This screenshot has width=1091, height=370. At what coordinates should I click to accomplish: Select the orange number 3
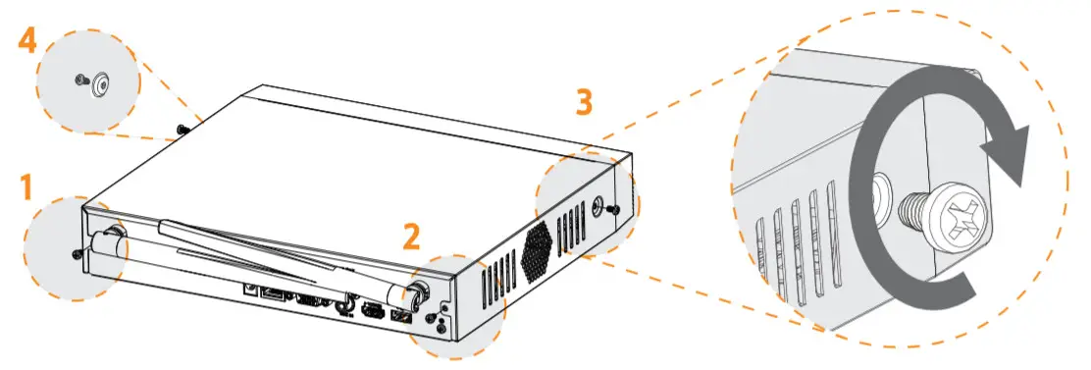[584, 103]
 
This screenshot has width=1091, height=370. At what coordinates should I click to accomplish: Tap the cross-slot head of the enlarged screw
[947, 215]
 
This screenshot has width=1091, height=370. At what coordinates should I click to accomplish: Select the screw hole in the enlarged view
[881, 192]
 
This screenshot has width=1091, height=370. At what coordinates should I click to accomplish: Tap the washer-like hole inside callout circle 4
[99, 85]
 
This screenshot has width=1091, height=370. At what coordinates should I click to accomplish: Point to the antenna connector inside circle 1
[111, 236]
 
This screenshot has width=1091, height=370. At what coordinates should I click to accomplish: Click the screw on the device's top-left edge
[182, 129]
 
